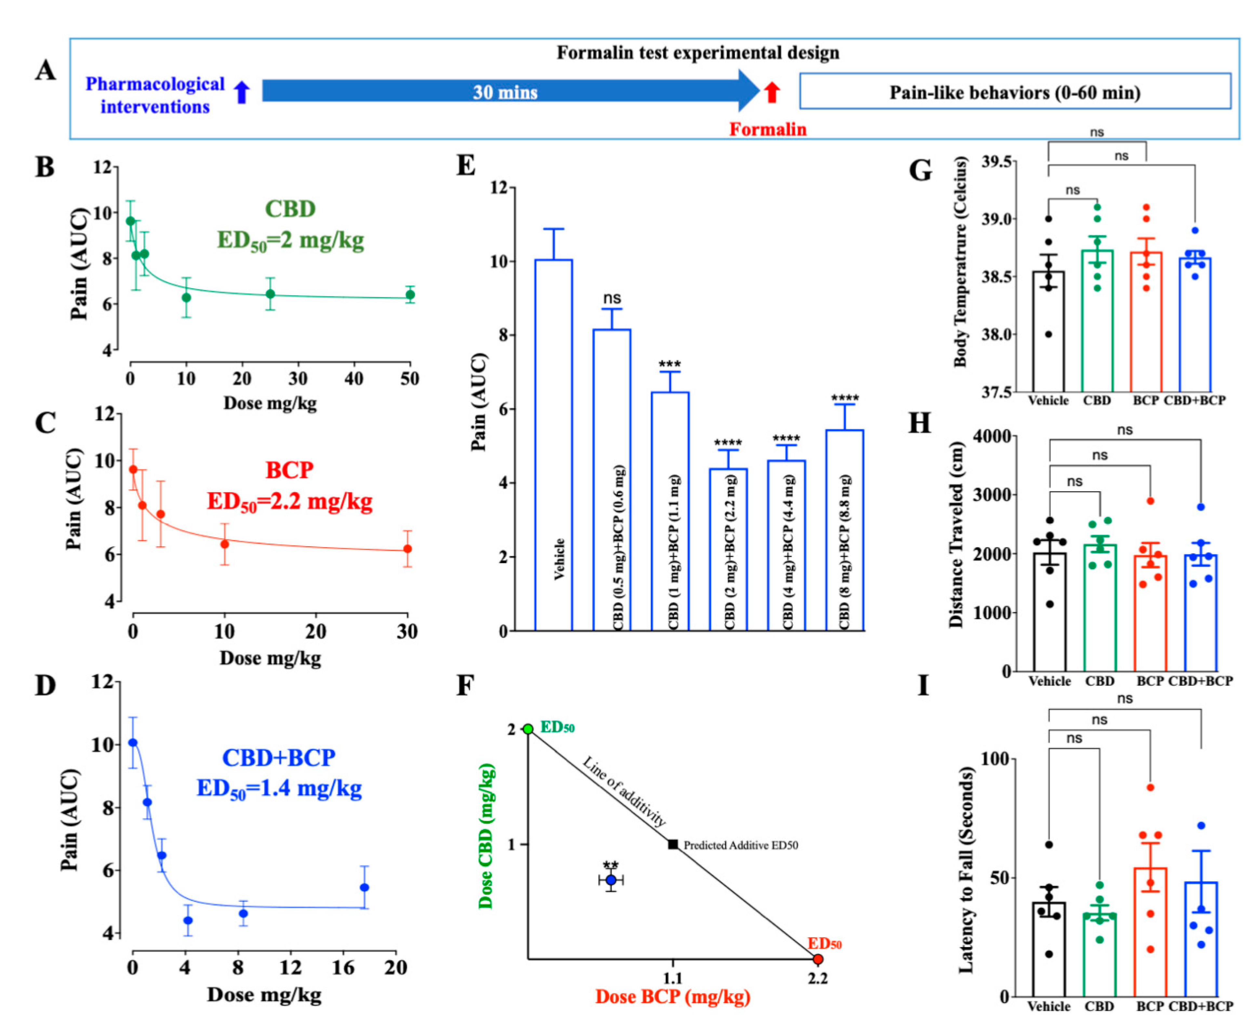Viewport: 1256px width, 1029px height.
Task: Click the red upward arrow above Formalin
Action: (x=771, y=92)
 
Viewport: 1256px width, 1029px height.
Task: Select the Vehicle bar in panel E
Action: (x=553, y=445)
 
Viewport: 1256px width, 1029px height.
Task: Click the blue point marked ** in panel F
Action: (x=611, y=880)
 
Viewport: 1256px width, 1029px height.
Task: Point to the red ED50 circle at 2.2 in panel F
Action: (x=818, y=959)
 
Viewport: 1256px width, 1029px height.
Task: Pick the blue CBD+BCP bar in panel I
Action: (x=1201, y=940)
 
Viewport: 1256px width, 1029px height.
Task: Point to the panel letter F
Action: (x=465, y=686)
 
